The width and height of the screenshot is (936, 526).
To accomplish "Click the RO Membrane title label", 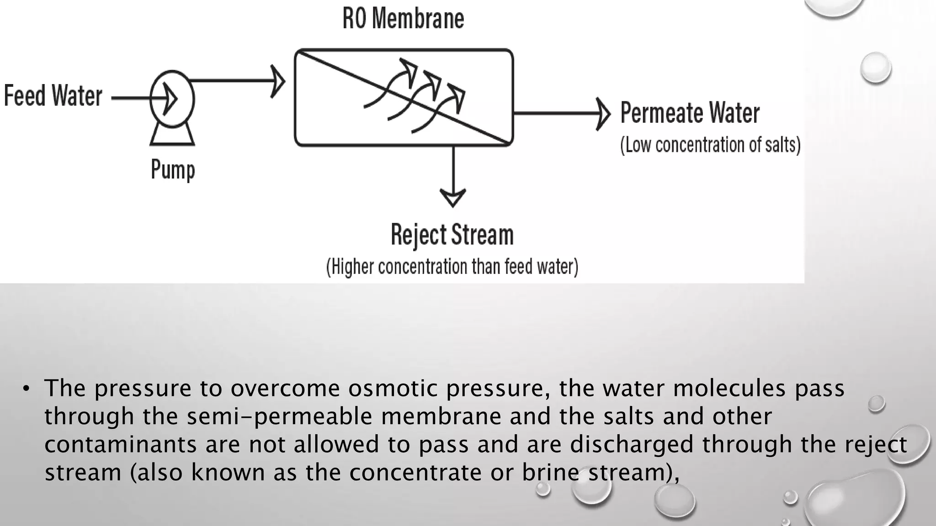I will click(403, 19).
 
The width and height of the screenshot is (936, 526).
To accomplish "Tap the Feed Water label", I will click(53, 96).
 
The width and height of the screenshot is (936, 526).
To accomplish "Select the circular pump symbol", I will click(172, 99).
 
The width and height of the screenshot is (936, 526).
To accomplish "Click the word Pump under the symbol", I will click(173, 170).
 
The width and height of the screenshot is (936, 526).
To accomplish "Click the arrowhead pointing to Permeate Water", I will click(603, 113).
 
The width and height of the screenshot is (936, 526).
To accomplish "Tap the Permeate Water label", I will click(690, 113).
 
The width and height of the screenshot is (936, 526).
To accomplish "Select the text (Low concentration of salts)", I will click(710, 145).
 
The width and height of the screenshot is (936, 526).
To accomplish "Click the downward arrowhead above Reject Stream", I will click(452, 198).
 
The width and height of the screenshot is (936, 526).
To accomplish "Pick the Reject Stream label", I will click(452, 235).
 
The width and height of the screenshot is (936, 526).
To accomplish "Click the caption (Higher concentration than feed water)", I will click(452, 267).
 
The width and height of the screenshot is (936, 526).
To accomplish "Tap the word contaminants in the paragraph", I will click(120, 445).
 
